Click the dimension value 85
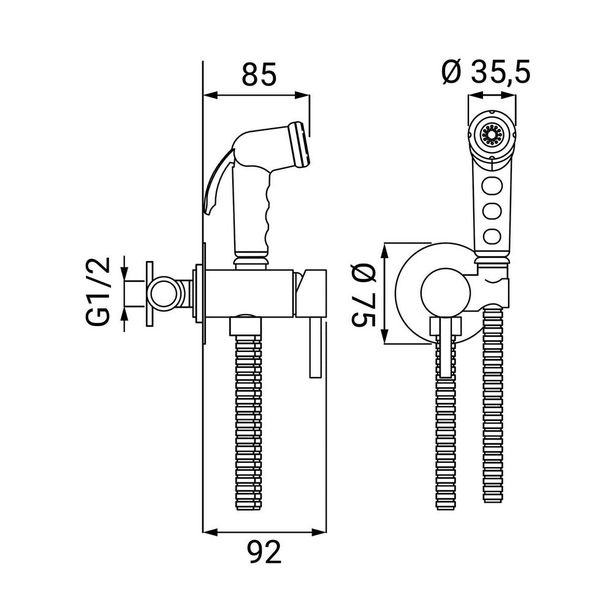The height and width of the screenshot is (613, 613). pos(259,75)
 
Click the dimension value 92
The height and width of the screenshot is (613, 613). pos(264,554)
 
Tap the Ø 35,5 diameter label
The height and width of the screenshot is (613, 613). pos(485,73)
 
